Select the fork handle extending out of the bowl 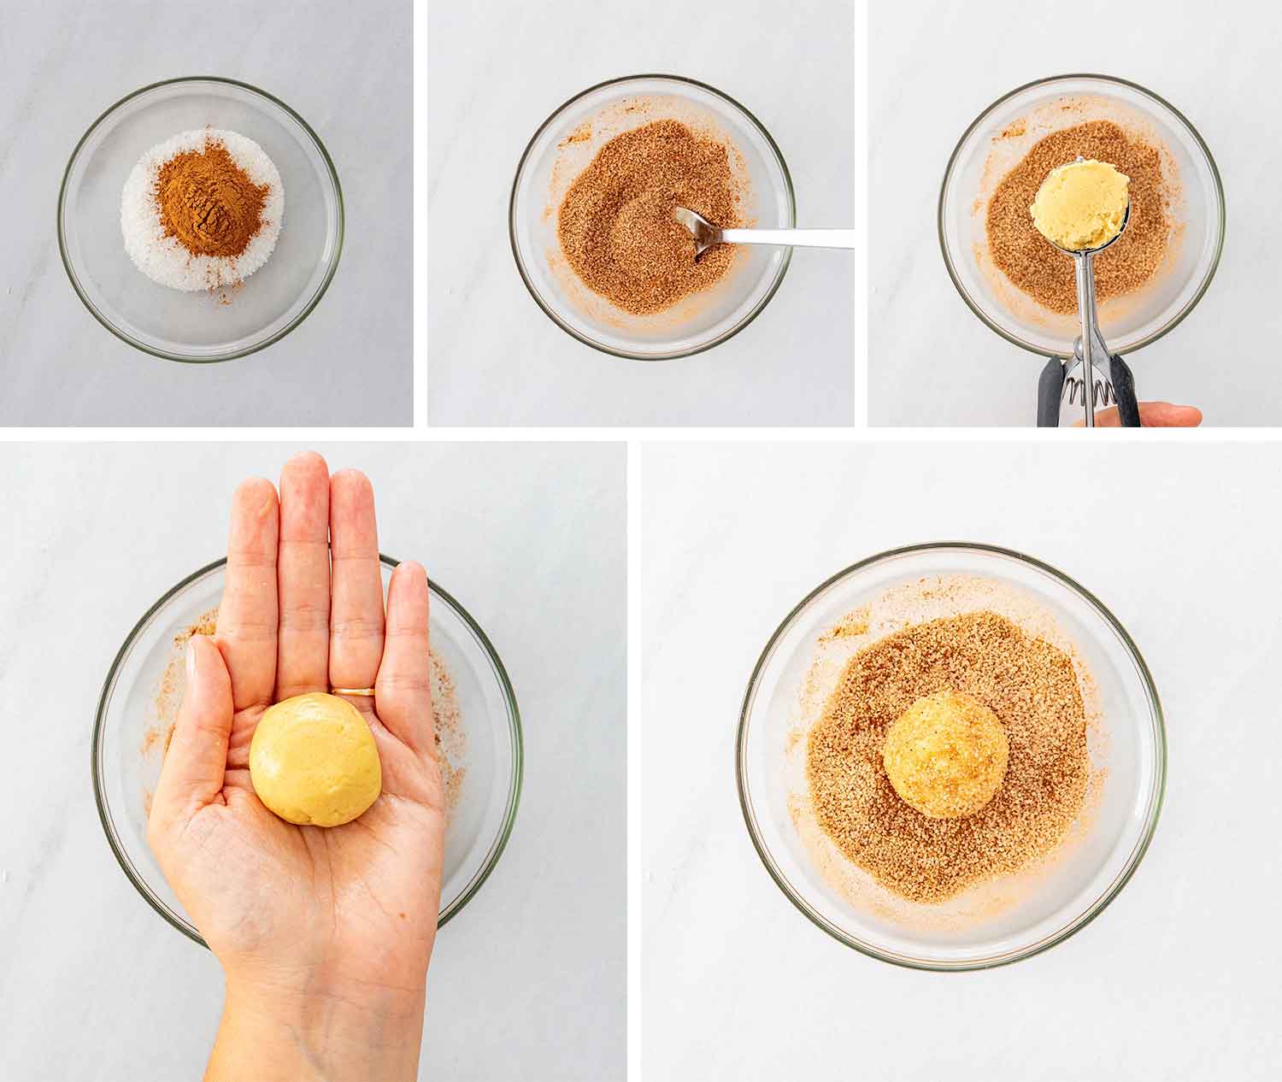pyautogui.click(x=795, y=239)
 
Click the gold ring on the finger pyautogui.click(x=353, y=691)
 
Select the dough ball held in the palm pyautogui.click(x=303, y=759)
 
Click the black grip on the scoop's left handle pyautogui.click(x=1050, y=393)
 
